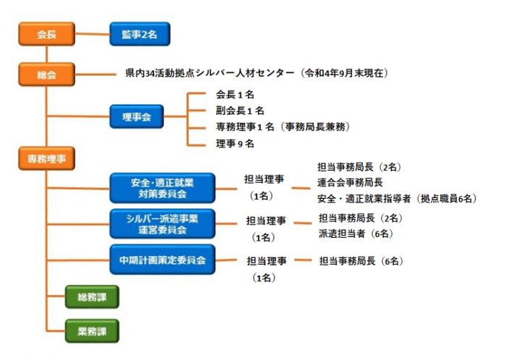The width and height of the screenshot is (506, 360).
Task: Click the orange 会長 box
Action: point(47,34)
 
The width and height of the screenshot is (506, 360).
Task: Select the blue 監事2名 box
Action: point(140,34)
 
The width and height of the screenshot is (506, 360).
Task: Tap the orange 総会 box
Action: point(47,74)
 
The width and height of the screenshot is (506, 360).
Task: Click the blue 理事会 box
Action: point(137,116)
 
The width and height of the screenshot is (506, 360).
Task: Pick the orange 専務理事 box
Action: point(47,158)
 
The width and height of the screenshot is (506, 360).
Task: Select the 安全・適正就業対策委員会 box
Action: point(163,188)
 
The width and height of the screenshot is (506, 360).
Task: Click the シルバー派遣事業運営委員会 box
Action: point(163,224)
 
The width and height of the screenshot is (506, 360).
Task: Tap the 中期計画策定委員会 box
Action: point(163,260)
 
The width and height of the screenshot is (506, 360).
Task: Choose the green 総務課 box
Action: point(92,297)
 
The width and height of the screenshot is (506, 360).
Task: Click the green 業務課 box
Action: point(92,331)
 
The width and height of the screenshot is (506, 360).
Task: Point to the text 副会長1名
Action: point(240,111)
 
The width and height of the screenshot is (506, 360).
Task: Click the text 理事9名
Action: point(235,144)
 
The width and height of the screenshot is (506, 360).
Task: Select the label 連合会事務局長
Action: point(350,183)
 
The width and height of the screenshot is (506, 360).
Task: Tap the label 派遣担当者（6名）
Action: point(356,233)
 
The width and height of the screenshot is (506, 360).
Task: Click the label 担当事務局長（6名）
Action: point(361,261)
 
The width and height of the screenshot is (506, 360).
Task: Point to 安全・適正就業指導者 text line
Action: point(364,199)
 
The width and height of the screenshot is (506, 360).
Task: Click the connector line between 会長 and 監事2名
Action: point(93,33)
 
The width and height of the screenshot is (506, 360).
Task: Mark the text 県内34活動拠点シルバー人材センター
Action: point(210,73)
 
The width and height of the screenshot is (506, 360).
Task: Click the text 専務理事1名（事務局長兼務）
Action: point(283,127)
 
